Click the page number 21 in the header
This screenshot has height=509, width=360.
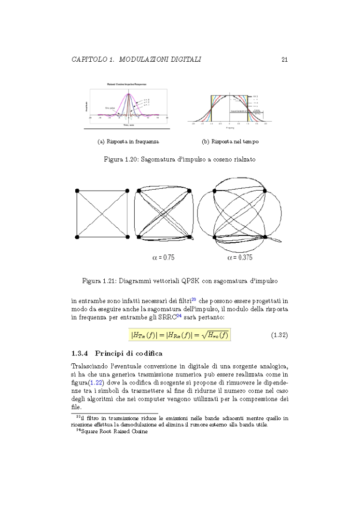[x=284, y=59]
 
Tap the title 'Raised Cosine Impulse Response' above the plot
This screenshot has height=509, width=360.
[x=127, y=84]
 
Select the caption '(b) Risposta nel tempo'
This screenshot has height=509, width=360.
[x=230, y=142]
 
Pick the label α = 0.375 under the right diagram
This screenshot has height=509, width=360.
[x=240, y=258]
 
